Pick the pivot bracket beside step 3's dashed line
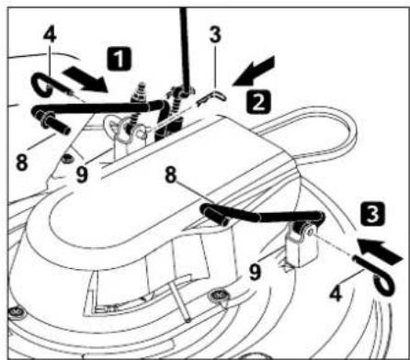[302, 241]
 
